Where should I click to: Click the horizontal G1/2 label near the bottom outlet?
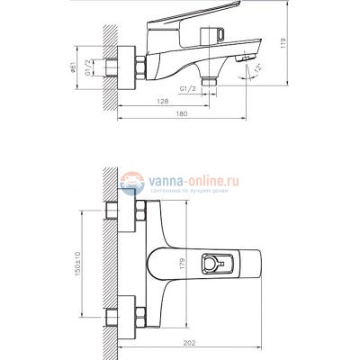pyautogui.click(x=189, y=88)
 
